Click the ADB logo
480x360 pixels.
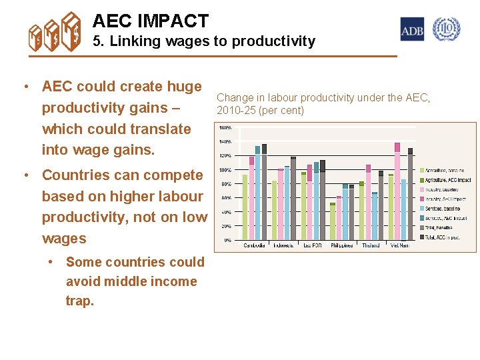(412, 29)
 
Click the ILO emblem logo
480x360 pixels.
(446, 29)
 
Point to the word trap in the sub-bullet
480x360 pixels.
(79, 301)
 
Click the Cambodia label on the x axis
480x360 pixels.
(254, 245)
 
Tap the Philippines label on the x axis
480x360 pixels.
(342, 245)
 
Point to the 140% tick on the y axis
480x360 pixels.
(225, 141)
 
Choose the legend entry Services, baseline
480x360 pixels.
(443, 208)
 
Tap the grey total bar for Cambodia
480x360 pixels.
(264, 193)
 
